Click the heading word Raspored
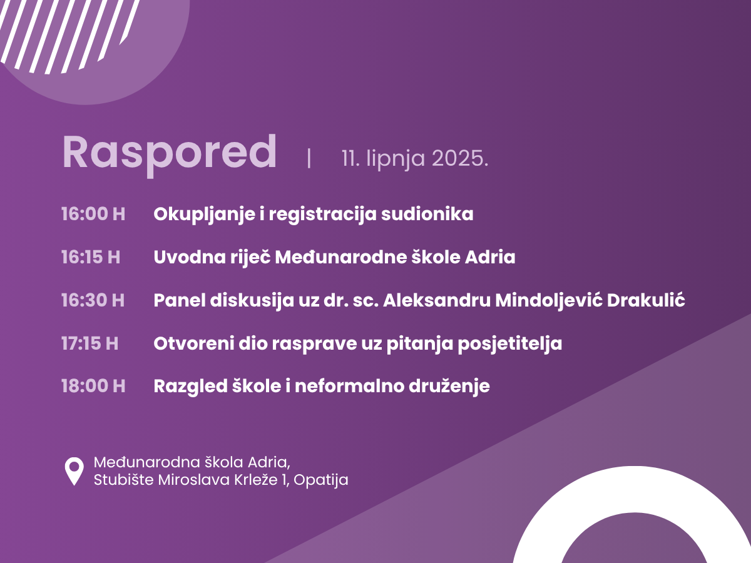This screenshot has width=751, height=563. pyautogui.click(x=169, y=155)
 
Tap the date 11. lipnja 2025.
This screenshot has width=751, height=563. pyautogui.click(x=415, y=159)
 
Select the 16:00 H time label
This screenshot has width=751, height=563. pyautogui.click(x=93, y=214)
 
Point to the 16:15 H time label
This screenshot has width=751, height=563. pyautogui.click(x=91, y=257)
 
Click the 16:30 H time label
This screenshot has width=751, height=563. pyautogui.click(x=93, y=300)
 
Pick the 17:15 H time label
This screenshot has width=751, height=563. pyautogui.click(x=89, y=343)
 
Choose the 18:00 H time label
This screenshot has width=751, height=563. pyautogui.click(x=93, y=386)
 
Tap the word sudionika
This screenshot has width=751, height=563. pyautogui.click(x=427, y=214)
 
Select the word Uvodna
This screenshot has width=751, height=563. pyautogui.click(x=189, y=257)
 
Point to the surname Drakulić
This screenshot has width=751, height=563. pyautogui.click(x=646, y=300)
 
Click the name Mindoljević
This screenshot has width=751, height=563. pyautogui.click(x=549, y=301)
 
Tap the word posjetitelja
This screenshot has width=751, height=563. pyautogui.click(x=510, y=344)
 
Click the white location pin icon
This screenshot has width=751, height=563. pyautogui.click(x=74, y=472)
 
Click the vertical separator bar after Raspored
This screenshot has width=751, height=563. pyautogui.click(x=309, y=158)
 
